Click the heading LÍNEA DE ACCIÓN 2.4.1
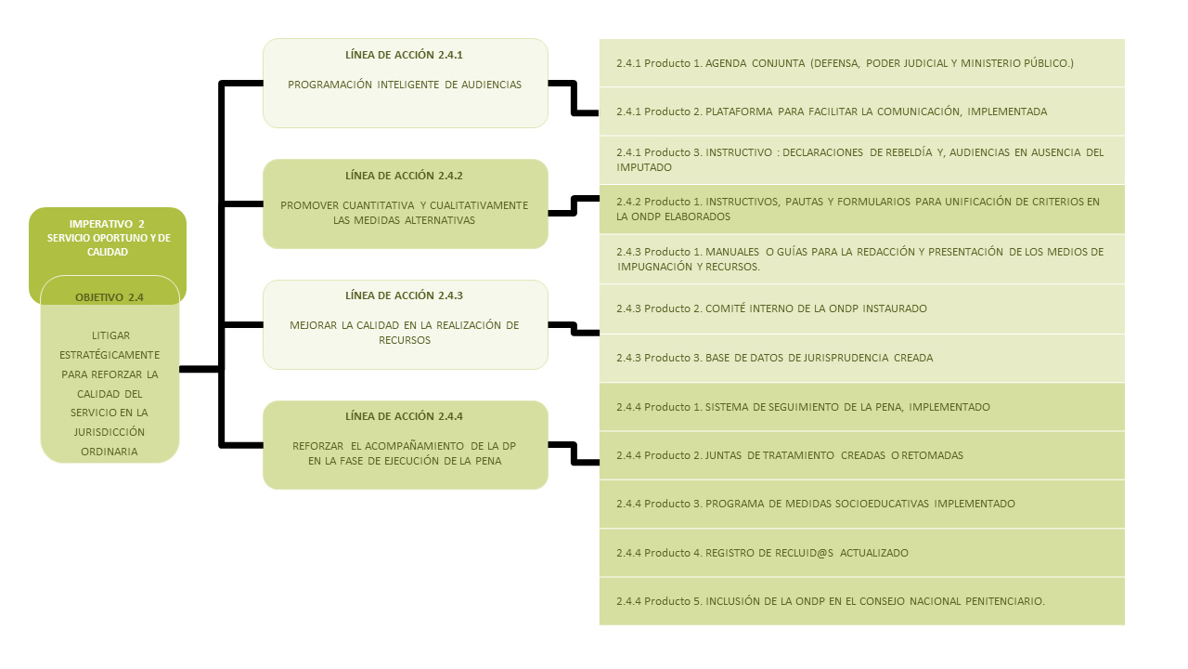pyautogui.click(x=404, y=55)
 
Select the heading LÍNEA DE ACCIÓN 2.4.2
pyautogui.click(x=404, y=176)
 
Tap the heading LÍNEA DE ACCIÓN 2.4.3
pyautogui.click(x=404, y=295)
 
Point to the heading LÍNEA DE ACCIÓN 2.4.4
pyautogui.click(x=404, y=416)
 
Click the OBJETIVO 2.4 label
pyautogui.click(x=110, y=297)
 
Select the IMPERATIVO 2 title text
pyautogui.click(x=108, y=238)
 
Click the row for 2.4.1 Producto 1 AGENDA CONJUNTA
pyautogui.click(x=862, y=62)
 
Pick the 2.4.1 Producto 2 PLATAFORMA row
pyautogui.click(x=862, y=111)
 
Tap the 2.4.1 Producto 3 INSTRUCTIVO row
pyautogui.click(x=862, y=160)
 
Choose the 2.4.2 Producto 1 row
pyautogui.click(x=862, y=209)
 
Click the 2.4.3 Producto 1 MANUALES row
pyautogui.click(x=862, y=259)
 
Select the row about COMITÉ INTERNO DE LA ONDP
pyautogui.click(x=862, y=308)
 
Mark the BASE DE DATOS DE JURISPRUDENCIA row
pyautogui.click(x=862, y=358)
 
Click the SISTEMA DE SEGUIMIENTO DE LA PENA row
pyautogui.click(x=862, y=407)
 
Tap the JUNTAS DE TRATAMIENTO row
pyautogui.click(x=862, y=455)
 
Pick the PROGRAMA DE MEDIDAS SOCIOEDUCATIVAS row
pyautogui.click(x=862, y=504)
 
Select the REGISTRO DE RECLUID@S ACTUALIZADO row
pyautogui.click(x=862, y=553)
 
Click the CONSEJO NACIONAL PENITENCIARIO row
pyautogui.click(x=862, y=601)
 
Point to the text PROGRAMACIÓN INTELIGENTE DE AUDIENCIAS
pyautogui.click(x=405, y=85)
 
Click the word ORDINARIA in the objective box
pyautogui.click(x=110, y=452)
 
